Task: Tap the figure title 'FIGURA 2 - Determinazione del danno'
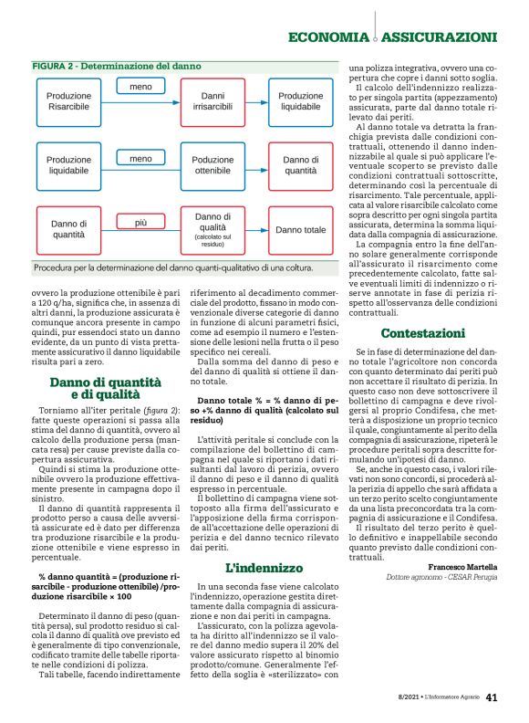tap(117, 67)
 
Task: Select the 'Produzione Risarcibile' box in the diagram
tap(69, 101)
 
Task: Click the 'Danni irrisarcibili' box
tap(213, 101)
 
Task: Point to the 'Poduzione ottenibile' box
tap(213, 165)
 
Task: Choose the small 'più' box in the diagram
tap(140, 222)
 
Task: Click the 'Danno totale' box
tap(300, 230)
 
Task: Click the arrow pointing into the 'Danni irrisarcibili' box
tap(171, 101)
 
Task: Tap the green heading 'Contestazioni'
tap(422, 308)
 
